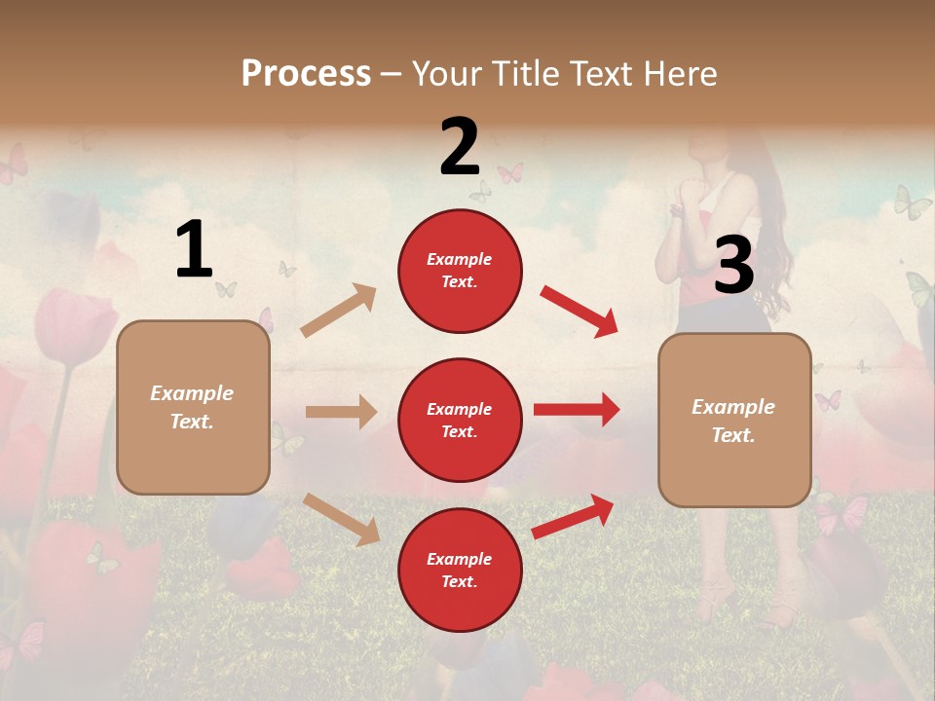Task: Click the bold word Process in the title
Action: [306, 73]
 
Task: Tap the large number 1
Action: [194, 250]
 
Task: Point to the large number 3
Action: [733, 266]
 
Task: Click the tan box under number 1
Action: [193, 407]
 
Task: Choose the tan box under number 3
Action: [734, 420]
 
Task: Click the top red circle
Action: [460, 271]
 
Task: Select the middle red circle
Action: [460, 420]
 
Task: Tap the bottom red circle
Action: [460, 570]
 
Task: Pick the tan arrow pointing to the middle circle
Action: [341, 412]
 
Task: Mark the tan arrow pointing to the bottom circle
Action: [341, 518]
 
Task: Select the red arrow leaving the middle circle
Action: [577, 410]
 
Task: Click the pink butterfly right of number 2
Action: [510, 173]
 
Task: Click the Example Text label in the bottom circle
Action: [460, 570]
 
